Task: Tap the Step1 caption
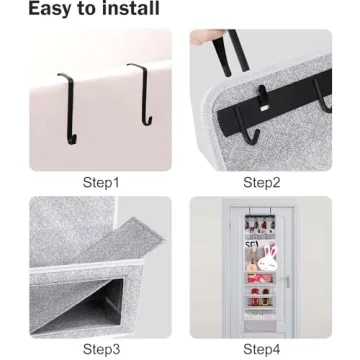pos(101,183)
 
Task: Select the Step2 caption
pos(261,183)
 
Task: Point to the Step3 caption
pos(101,349)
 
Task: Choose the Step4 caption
pos(261,349)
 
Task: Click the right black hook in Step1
pos(139,95)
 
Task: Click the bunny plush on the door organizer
pos(268,264)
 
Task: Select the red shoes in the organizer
pos(262,294)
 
